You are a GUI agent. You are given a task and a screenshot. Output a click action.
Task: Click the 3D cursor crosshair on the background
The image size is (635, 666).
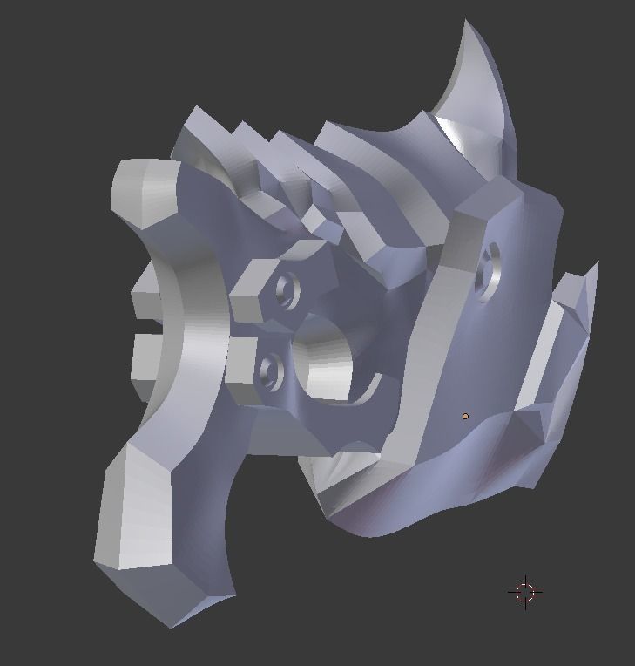(x=524, y=592)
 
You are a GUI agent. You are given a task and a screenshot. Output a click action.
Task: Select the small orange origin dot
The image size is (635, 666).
(x=465, y=417)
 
